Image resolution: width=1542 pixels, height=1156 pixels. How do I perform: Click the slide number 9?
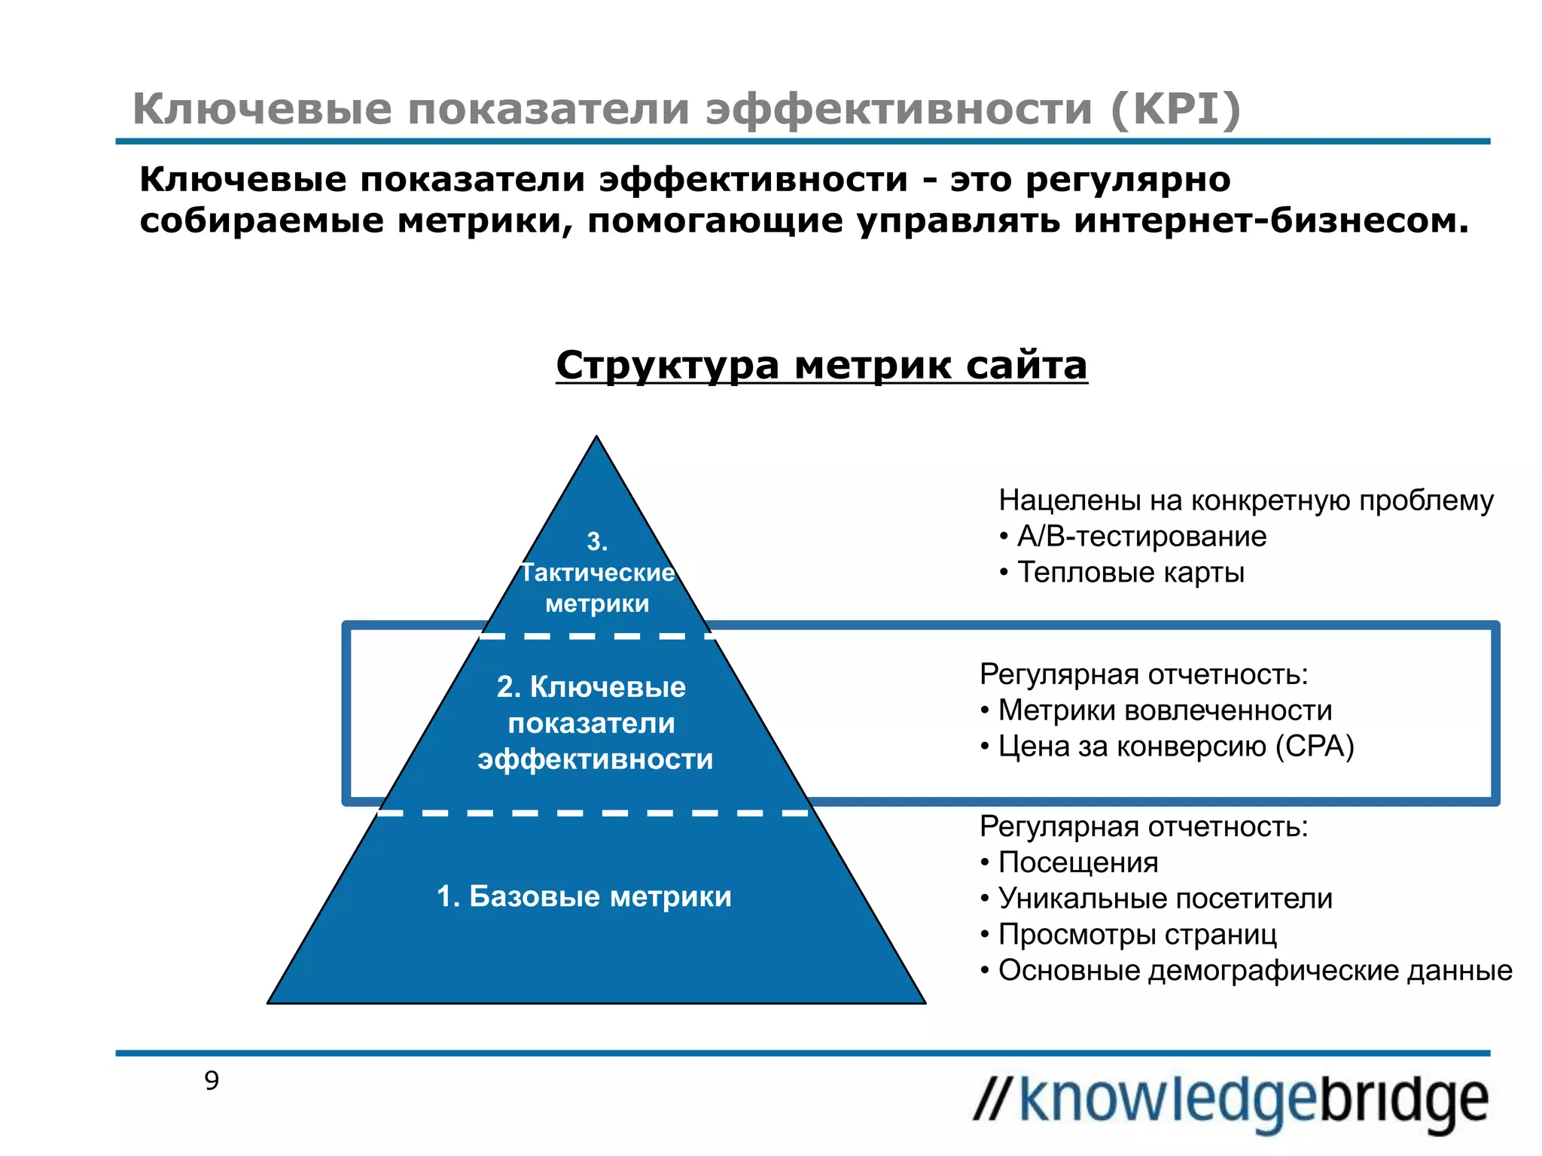pyautogui.click(x=212, y=1081)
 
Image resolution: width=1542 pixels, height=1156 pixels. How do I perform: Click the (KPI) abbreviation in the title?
pyautogui.click(x=1175, y=109)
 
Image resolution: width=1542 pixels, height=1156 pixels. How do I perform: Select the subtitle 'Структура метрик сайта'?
pyautogui.click(x=821, y=366)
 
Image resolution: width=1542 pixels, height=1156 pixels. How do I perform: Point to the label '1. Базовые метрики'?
pyautogui.click(x=584, y=896)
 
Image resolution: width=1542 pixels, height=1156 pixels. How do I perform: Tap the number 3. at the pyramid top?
pyautogui.click(x=597, y=541)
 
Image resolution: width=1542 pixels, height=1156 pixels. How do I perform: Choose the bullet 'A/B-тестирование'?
pyautogui.click(x=1141, y=537)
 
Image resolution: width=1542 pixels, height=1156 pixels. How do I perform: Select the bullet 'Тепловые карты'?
pyautogui.click(x=1130, y=573)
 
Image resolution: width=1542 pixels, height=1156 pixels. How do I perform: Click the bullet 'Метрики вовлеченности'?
pyautogui.click(x=1165, y=710)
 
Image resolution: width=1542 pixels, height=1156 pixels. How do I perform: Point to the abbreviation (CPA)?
pyautogui.click(x=1315, y=747)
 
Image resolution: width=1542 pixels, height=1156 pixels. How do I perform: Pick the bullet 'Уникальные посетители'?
pyautogui.click(x=1165, y=899)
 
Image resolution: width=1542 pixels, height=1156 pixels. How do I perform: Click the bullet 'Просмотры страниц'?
pyautogui.click(x=1137, y=935)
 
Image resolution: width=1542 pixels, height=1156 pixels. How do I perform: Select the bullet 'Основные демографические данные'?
pyautogui.click(x=1255, y=971)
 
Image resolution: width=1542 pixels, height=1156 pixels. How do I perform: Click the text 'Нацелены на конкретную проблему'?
pyautogui.click(x=1246, y=500)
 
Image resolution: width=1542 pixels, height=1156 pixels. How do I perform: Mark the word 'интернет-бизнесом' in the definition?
pyautogui.click(x=1272, y=221)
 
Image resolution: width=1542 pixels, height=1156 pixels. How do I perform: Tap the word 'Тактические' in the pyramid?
pyautogui.click(x=598, y=573)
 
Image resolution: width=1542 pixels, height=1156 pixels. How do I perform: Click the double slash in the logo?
pyautogui.click(x=993, y=1100)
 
